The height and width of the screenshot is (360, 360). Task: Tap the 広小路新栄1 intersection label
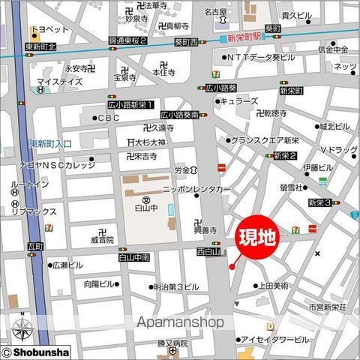(x=132, y=104)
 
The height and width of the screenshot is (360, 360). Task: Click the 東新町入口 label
(x=51, y=143)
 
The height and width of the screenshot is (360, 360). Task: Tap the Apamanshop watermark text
(x=179, y=322)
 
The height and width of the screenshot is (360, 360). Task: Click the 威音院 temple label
(x=102, y=240)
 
